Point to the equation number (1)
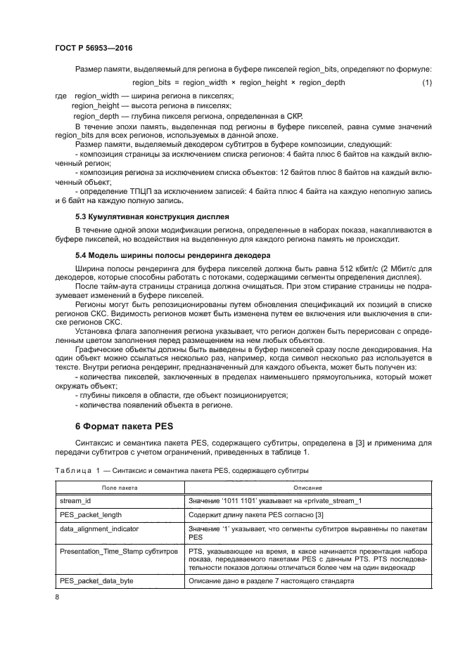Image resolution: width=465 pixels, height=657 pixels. [426, 83]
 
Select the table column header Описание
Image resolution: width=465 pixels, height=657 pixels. [303, 487]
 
